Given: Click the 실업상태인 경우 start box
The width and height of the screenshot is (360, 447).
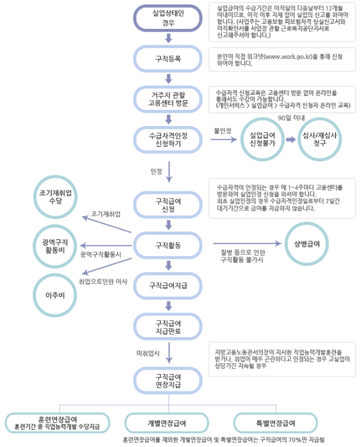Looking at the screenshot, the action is click(168, 18).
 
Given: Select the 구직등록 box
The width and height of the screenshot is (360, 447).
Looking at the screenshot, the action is click(168, 58).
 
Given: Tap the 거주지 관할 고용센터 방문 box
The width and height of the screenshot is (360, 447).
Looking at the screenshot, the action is click(168, 99).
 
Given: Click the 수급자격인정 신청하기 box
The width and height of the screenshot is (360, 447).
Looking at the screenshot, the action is click(168, 140).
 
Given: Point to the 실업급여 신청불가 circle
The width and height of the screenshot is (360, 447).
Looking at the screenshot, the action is click(262, 139).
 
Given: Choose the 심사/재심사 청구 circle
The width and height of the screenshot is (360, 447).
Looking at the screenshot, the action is click(319, 139).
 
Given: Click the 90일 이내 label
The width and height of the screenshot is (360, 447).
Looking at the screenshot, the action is click(291, 118).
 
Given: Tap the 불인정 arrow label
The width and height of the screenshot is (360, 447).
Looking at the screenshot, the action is click(222, 131).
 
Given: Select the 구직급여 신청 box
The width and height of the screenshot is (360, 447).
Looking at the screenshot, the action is click(168, 205).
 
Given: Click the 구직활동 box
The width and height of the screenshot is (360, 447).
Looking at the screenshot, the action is click(168, 245).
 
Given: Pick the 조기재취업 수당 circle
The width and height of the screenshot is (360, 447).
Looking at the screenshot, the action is click(56, 197).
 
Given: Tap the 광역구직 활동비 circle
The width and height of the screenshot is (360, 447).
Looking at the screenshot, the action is click(56, 246).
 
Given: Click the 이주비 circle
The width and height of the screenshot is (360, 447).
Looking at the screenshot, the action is click(56, 295).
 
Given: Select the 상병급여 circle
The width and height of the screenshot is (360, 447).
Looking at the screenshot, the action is click(307, 244).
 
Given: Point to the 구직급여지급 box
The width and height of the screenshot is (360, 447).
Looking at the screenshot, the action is click(168, 286).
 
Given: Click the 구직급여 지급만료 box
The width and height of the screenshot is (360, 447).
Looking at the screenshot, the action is click(168, 327).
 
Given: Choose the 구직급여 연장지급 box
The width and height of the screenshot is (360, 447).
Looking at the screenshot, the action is click(168, 380).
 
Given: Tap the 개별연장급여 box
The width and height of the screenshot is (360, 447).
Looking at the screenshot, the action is click(167, 423).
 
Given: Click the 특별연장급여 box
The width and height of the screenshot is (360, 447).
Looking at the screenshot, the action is click(275, 423).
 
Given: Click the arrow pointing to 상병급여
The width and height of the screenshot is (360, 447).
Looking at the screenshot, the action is click(247, 243).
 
